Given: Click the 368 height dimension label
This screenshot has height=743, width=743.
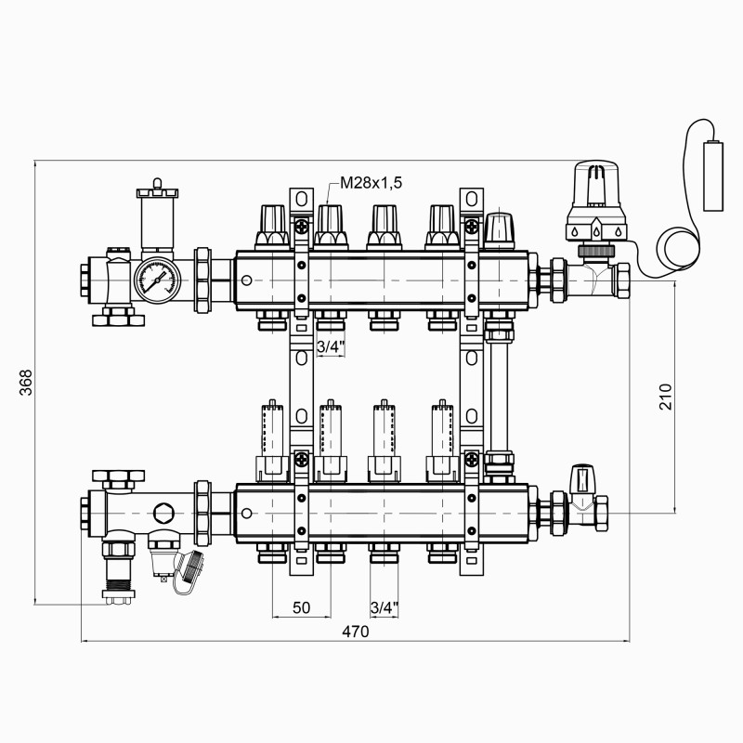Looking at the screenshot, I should tap(26, 383).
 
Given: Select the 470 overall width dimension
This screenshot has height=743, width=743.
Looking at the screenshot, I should tap(356, 632).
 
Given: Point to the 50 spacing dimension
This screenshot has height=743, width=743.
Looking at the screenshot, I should tap(301, 607).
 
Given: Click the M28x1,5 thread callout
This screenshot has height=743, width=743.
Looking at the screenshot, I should tap(371, 183).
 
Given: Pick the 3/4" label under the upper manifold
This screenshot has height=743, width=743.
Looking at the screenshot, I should tap(331, 347).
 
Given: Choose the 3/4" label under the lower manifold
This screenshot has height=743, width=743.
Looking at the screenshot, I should tap(385, 607).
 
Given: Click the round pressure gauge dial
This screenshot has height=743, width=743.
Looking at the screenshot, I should tap(156, 277).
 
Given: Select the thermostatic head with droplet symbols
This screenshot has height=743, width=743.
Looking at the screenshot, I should tap(597, 201).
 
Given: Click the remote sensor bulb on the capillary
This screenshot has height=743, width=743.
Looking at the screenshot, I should tap(713, 176).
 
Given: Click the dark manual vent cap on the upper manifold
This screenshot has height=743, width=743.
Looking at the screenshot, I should tap(500, 229).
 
